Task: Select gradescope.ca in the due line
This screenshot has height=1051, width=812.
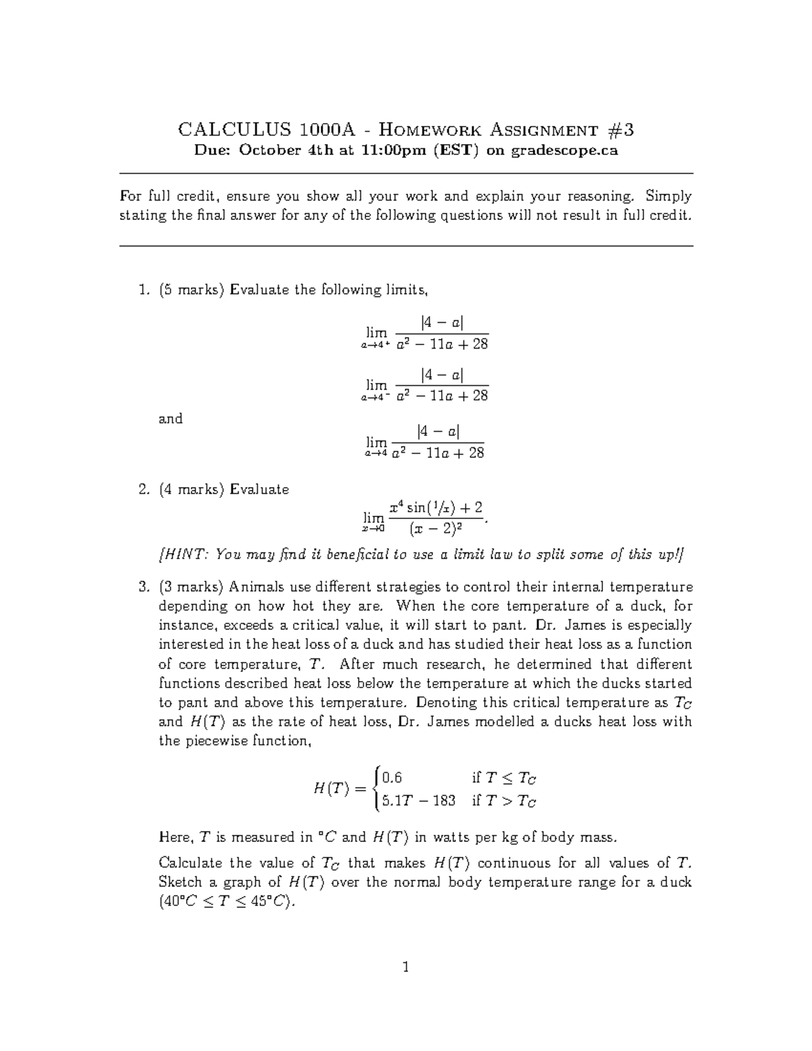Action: (x=564, y=151)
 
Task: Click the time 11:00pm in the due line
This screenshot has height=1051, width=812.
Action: (x=393, y=151)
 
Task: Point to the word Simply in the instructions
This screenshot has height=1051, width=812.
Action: (x=669, y=196)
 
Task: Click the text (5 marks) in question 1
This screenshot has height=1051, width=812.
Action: (x=192, y=290)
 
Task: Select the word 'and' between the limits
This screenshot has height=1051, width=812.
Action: (x=171, y=418)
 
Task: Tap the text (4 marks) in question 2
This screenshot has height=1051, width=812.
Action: (x=192, y=489)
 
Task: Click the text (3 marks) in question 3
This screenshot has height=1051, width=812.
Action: (x=192, y=587)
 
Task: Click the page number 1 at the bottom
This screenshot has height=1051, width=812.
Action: (x=406, y=967)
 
